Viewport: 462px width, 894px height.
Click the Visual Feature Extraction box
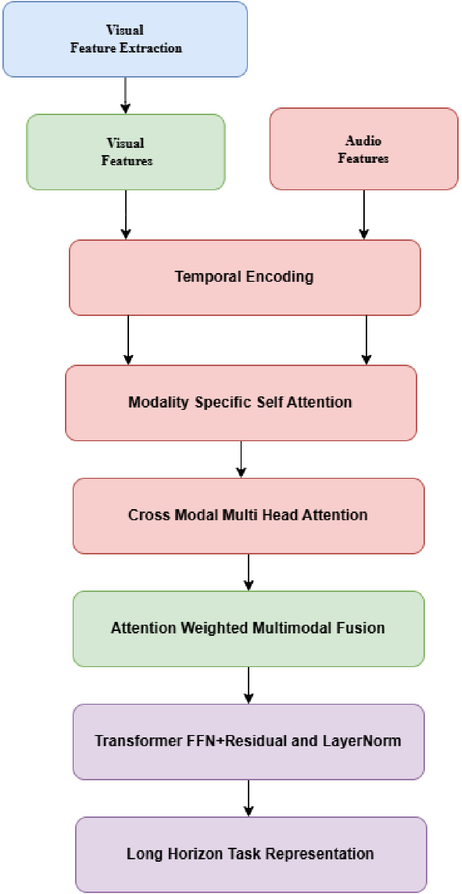[x=125, y=39]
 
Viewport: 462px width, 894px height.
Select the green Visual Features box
[x=126, y=152]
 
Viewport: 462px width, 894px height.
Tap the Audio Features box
[x=364, y=149]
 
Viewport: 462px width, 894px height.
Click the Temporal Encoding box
[x=245, y=278]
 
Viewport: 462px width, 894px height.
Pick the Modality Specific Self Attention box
[x=241, y=403]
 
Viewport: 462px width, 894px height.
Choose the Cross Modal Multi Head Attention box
[x=249, y=516]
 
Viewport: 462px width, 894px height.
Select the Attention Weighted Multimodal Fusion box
[x=249, y=629]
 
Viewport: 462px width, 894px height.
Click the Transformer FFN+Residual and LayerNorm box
[x=249, y=742]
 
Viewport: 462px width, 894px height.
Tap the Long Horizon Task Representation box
[x=251, y=855]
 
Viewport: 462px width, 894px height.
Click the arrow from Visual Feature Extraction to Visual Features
[x=126, y=95]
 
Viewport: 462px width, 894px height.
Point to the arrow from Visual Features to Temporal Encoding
[x=126, y=214]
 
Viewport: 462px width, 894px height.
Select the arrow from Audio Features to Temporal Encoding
[x=364, y=214]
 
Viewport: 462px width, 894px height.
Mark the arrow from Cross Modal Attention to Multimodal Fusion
[x=249, y=572]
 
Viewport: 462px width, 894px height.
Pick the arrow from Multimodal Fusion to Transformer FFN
[x=249, y=685]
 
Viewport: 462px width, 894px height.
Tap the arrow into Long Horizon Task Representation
[x=249, y=798]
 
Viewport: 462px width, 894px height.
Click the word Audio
[x=363, y=141]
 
